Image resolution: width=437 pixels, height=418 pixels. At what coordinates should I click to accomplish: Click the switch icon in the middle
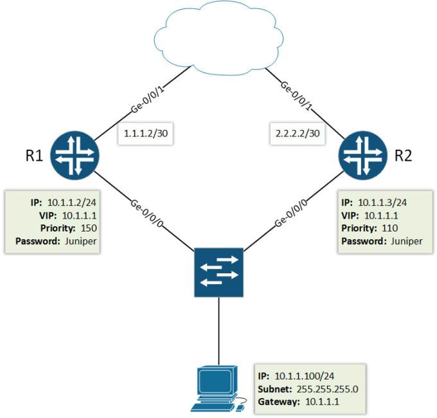click(x=218, y=271)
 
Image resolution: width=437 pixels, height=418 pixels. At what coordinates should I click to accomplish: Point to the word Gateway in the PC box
click(x=278, y=402)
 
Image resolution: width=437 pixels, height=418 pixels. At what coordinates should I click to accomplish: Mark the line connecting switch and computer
click(x=218, y=331)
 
